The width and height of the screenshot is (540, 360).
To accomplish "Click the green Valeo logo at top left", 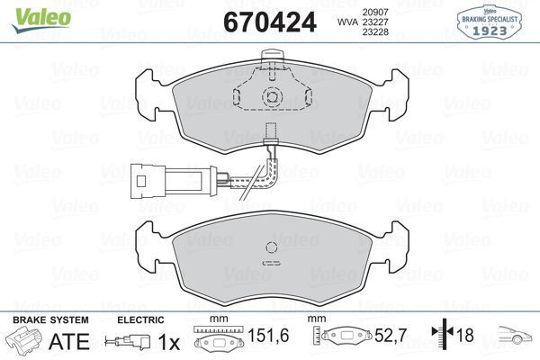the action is pyautogui.click(x=41, y=19).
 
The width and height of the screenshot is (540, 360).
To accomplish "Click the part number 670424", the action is pyautogui.click(x=270, y=22).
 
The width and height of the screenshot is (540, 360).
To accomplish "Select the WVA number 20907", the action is pyautogui.click(x=375, y=12).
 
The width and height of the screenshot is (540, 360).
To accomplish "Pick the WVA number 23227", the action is pyautogui.click(x=375, y=22).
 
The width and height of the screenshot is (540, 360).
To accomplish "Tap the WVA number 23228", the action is pyautogui.click(x=375, y=32).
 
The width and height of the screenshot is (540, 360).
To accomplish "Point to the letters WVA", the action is pyautogui.click(x=347, y=22).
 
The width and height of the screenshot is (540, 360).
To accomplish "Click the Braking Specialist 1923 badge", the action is pyautogui.click(x=490, y=22).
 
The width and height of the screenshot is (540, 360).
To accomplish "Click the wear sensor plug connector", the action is pyautogui.click(x=175, y=181).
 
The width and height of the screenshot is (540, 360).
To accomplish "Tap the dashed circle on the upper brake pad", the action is pyautogui.click(x=272, y=97).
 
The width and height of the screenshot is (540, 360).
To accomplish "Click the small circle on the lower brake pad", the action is pyautogui.click(x=272, y=247).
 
